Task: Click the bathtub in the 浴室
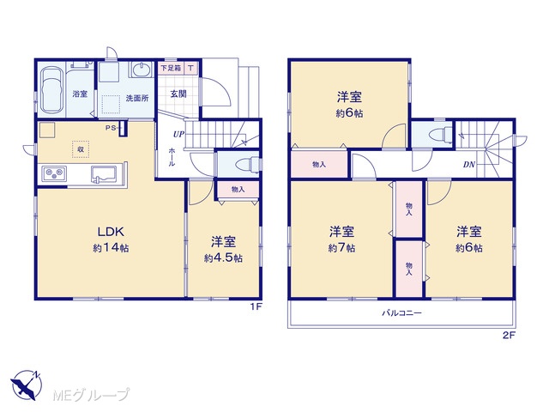(51, 93)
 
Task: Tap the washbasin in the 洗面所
(142, 70)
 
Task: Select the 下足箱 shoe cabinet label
(171, 68)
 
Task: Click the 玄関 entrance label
(178, 94)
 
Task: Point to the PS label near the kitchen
(111, 128)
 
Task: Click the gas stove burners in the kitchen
(54, 173)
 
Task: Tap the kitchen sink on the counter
(106, 173)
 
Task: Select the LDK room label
(111, 232)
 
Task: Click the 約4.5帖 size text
(223, 258)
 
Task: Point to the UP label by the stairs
(178, 134)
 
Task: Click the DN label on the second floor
(469, 164)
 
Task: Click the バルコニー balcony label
(401, 312)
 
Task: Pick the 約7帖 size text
(341, 248)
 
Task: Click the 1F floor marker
(256, 307)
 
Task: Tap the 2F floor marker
(510, 335)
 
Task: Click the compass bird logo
(27, 385)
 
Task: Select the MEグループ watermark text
(91, 395)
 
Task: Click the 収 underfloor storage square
(81, 148)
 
